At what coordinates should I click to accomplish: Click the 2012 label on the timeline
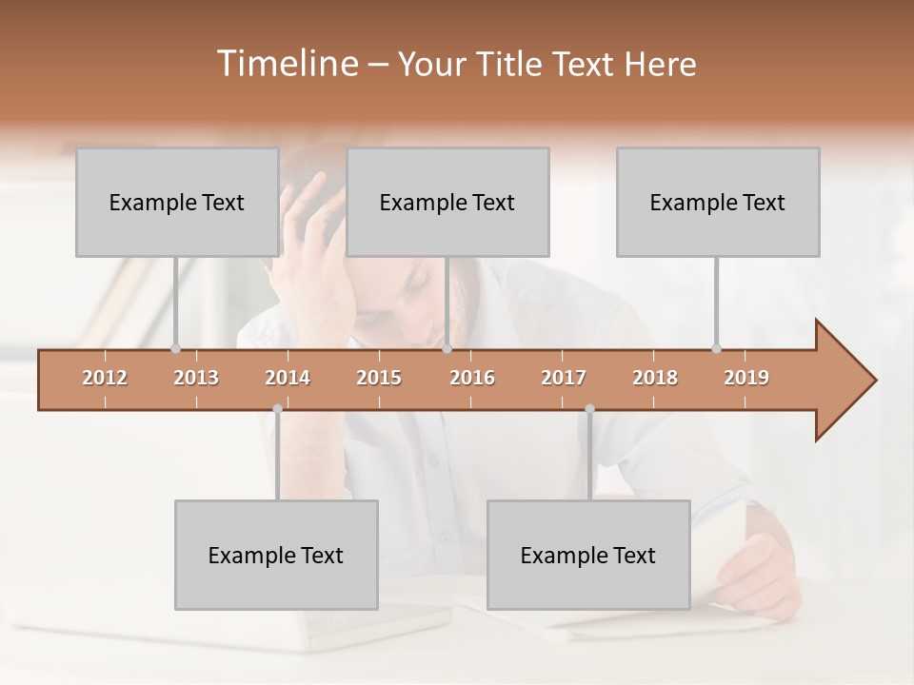[x=105, y=378]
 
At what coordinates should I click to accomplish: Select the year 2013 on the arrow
[x=196, y=378]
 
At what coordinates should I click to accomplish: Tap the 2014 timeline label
[x=288, y=378]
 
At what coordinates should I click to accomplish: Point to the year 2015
[x=379, y=378]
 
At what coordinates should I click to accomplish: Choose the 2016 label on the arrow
[x=472, y=378]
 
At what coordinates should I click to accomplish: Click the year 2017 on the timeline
[x=564, y=378]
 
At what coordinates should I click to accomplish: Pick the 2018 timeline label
[x=655, y=378]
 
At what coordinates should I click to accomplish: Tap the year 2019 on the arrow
[x=746, y=378]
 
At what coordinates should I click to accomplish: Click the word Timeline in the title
[x=287, y=64]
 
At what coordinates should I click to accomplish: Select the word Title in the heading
[x=512, y=64]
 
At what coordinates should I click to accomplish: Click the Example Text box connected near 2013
[x=176, y=202]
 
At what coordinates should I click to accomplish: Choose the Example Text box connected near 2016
[x=447, y=202]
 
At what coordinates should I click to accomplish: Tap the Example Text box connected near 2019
[x=717, y=202]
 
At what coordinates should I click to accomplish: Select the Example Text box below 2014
[x=276, y=555]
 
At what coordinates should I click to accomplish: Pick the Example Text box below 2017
[x=587, y=555]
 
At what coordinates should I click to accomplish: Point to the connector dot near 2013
[x=175, y=348]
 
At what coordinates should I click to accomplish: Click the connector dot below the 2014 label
[x=277, y=409]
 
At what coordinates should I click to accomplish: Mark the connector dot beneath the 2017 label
[x=589, y=409]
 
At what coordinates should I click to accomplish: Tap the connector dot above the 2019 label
[x=716, y=348]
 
